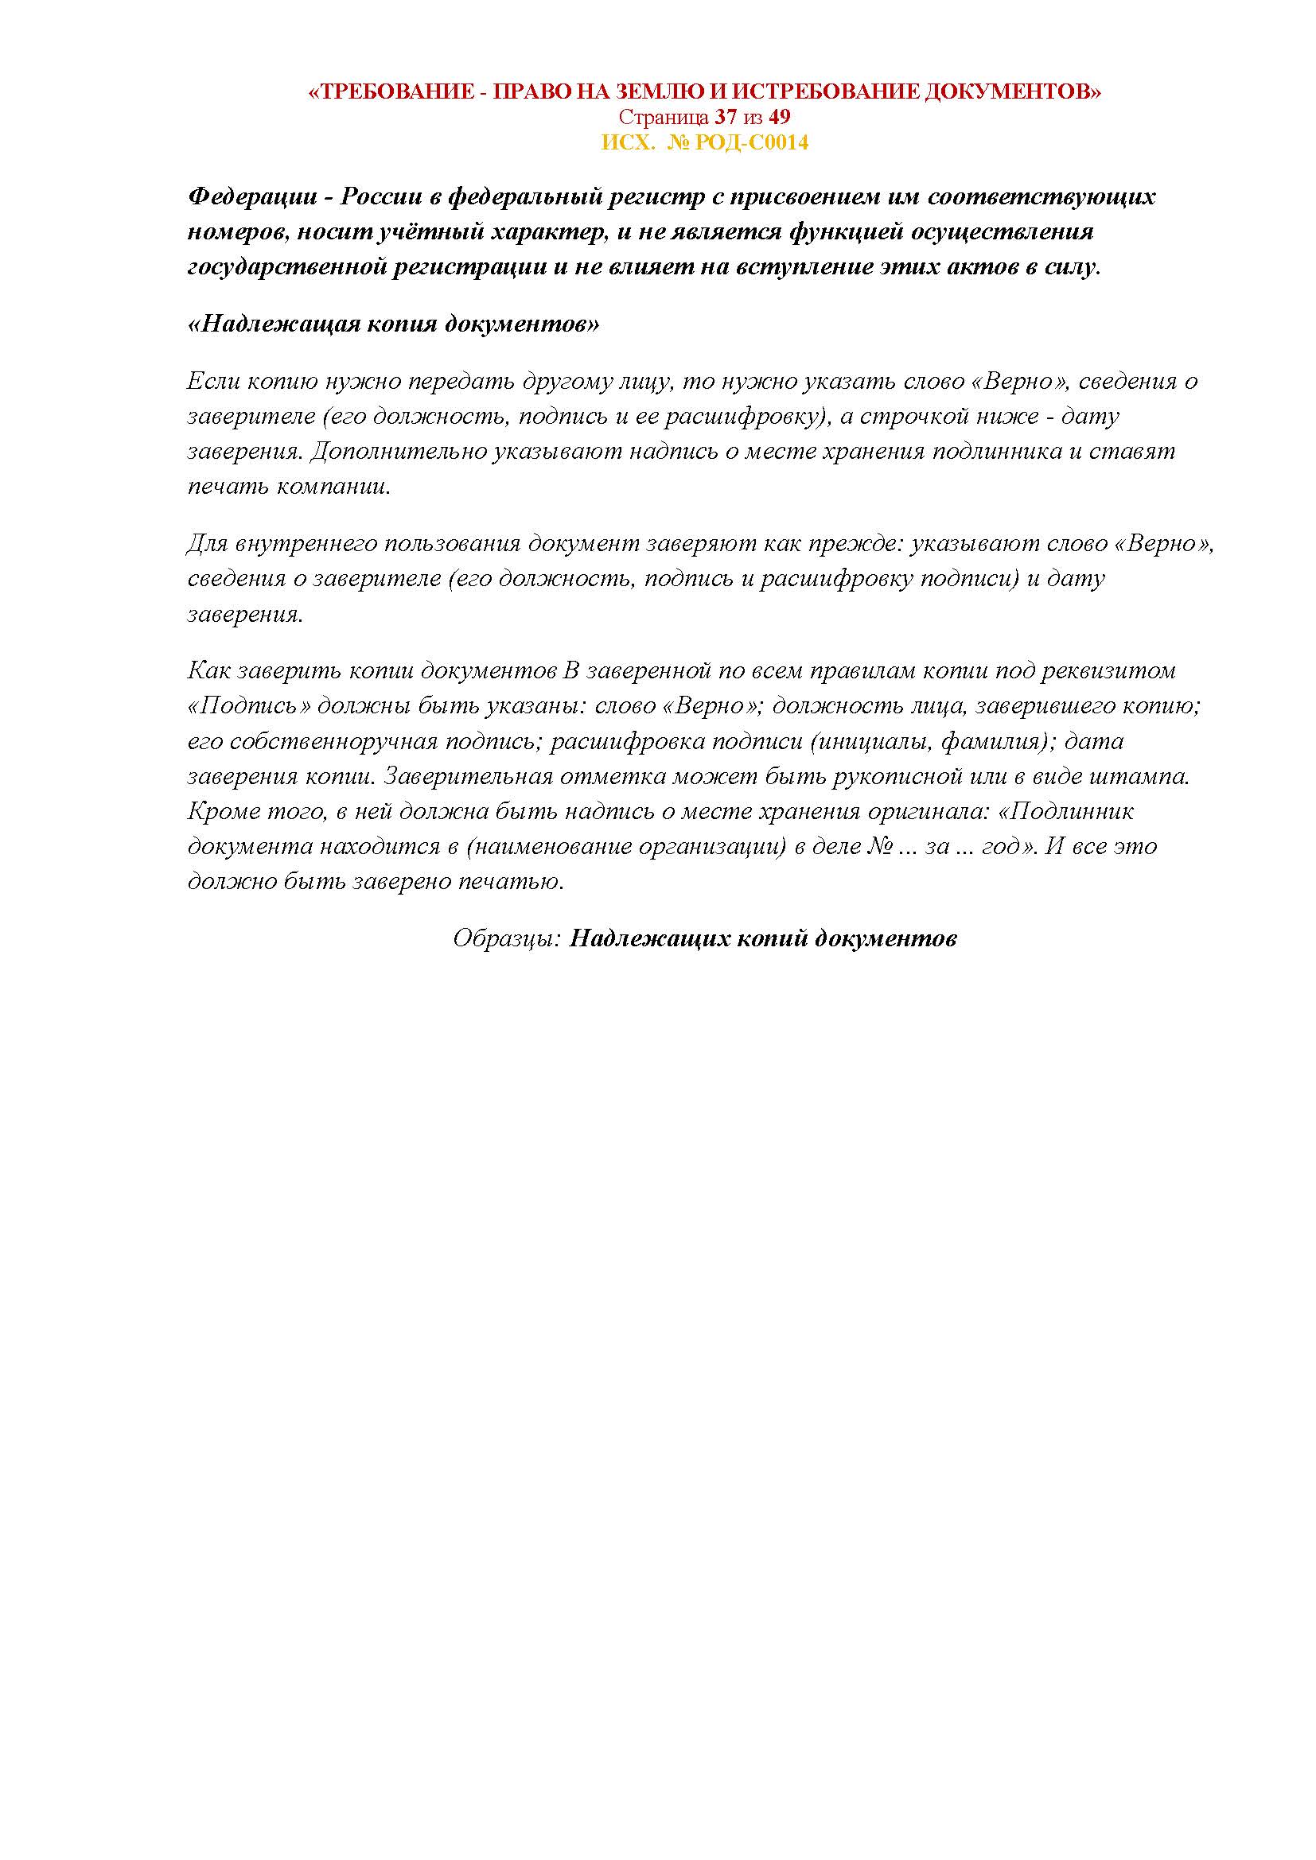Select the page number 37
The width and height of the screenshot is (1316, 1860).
[x=726, y=117]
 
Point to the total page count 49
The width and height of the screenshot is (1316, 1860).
[x=780, y=117]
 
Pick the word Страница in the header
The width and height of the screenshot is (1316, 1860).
[x=664, y=117]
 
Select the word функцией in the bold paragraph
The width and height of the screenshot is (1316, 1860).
[x=843, y=232]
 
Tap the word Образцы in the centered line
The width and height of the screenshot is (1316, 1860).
[x=506, y=938]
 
